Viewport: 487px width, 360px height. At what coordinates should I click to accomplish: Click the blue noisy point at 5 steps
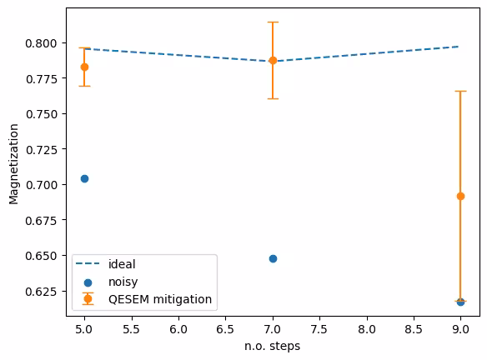click(84, 178)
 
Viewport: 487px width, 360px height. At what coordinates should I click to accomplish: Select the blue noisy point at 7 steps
click(273, 258)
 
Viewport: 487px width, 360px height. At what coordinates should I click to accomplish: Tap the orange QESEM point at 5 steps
click(84, 67)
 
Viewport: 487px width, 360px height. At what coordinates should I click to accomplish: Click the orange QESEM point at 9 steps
click(460, 196)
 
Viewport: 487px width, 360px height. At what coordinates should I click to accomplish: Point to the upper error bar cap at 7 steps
click(273, 22)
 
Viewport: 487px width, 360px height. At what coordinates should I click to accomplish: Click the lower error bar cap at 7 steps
click(273, 98)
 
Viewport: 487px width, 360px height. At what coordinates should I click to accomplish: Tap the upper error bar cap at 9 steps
click(460, 91)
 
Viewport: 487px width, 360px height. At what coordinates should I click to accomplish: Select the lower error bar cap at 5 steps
click(84, 86)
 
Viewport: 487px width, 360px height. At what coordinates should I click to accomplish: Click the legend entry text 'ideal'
click(123, 264)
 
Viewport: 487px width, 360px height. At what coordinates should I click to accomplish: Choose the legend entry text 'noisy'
click(123, 282)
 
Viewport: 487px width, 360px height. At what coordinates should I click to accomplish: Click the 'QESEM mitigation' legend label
click(160, 298)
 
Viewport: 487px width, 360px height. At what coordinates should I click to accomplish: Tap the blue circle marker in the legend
click(88, 282)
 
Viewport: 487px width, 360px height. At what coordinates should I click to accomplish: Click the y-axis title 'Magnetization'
click(13, 163)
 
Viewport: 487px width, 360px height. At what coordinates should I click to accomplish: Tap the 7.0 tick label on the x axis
click(273, 329)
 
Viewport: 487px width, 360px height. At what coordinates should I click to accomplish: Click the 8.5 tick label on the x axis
click(414, 329)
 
